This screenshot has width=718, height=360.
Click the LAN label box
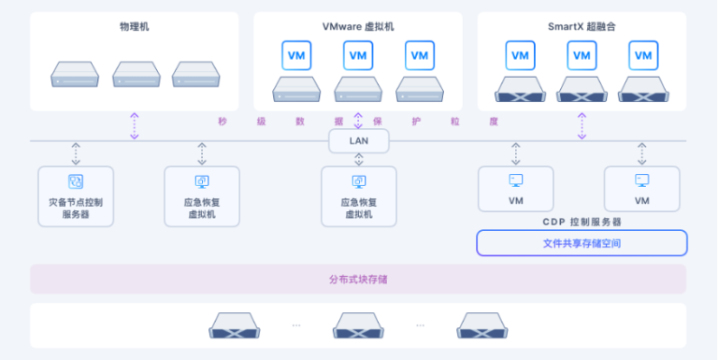click(358, 141)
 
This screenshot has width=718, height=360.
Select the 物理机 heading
click(135, 26)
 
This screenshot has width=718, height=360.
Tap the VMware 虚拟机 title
click(358, 26)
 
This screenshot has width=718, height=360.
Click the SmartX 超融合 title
click(582, 26)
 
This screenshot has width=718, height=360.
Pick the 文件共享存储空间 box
click(582, 243)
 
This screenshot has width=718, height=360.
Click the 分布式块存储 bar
click(358, 279)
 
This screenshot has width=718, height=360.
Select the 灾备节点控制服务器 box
click(76, 196)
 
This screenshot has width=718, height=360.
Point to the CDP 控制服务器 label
click(582, 222)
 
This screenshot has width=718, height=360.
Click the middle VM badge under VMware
click(359, 55)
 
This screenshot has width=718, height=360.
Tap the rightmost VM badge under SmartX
click(641, 55)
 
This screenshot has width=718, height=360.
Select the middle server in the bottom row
click(359, 325)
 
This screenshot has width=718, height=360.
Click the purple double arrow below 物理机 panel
click(135, 125)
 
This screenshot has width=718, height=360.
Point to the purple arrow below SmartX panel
click(582, 125)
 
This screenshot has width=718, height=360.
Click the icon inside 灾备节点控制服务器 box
click(76, 181)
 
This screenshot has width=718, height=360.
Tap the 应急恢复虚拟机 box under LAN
click(359, 196)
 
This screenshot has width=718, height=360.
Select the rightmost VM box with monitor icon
click(641, 189)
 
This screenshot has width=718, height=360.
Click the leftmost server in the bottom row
click(234, 325)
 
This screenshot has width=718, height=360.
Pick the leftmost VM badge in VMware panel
click(297, 55)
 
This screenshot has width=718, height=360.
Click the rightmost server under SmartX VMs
click(641, 90)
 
